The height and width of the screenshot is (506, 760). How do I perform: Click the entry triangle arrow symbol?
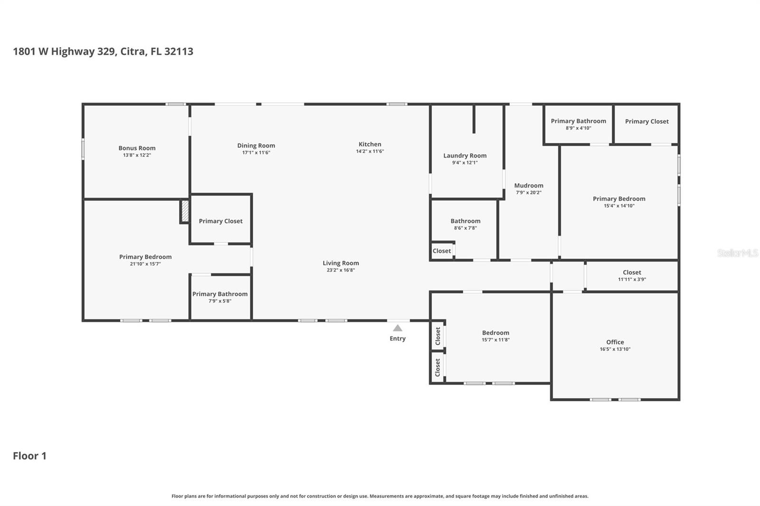point(398,328)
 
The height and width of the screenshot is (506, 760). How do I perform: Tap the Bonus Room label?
point(137,148)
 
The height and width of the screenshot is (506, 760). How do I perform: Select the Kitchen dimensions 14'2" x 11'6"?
point(370,151)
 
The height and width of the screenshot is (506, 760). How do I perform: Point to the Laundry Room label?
point(465,156)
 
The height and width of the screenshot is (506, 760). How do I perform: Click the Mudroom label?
point(529,186)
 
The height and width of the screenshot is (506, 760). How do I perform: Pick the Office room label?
point(615,342)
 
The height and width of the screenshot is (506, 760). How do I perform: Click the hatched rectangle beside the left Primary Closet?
point(185,211)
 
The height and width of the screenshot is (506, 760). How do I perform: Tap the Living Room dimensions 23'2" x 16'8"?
point(341,270)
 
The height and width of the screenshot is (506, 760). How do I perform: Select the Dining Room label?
point(256,146)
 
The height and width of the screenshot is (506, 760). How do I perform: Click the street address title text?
point(103,52)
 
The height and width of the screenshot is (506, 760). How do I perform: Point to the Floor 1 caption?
point(29,456)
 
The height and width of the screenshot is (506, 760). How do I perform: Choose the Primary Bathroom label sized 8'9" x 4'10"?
point(578,121)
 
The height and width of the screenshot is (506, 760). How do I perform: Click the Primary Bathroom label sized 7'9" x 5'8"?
point(220,294)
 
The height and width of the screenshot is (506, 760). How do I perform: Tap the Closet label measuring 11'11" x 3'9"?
point(632,272)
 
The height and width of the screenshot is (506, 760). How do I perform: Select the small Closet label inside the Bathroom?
point(442,251)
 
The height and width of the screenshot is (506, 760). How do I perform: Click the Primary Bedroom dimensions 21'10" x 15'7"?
point(145,264)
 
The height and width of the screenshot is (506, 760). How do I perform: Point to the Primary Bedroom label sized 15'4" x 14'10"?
point(619,199)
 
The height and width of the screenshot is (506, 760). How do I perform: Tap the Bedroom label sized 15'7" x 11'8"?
point(495,333)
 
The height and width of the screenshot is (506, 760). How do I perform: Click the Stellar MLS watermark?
point(737,253)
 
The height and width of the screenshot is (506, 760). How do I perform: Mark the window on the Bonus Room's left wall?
point(83,149)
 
